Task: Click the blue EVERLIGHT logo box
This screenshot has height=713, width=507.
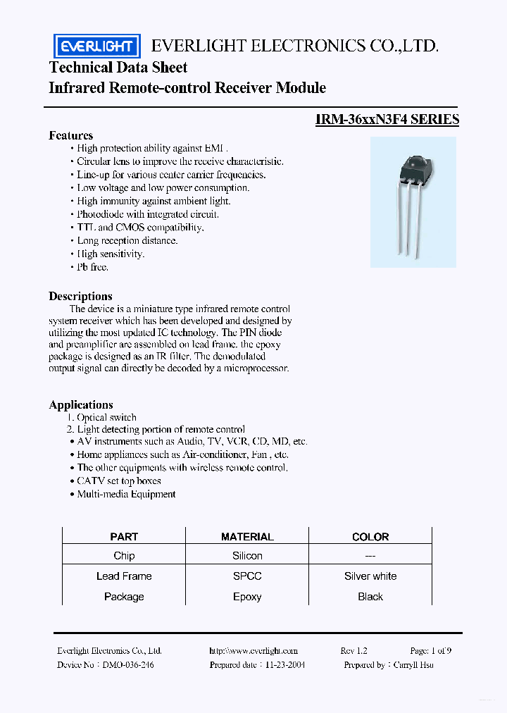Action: (x=96, y=46)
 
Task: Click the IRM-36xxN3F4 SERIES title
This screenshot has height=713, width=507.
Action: (x=387, y=119)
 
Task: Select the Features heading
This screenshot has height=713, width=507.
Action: (x=70, y=135)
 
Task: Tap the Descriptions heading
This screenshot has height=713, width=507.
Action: (x=80, y=296)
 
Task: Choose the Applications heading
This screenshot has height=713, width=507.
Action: (x=81, y=404)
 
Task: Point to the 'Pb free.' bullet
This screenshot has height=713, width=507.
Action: (x=92, y=267)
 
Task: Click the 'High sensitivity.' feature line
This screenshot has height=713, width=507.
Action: (x=110, y=254)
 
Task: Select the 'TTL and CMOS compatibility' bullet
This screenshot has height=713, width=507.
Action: (x=140, y=228)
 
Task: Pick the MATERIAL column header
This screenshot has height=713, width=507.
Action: (x=247, y=537)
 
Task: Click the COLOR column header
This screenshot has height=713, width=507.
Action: (x=370, y=537)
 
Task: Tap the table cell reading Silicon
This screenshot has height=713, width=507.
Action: (x=247, y=556)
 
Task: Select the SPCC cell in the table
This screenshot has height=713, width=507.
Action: (x=247, y=576)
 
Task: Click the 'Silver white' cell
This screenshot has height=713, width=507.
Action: (x=370, y=576)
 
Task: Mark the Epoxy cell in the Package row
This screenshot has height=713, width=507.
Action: (x=247, y=597)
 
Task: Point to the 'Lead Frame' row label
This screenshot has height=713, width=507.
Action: (x=124, y=576)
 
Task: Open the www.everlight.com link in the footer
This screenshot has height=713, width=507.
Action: (x=254, y=651)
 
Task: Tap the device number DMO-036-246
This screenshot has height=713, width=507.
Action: (x=127, y=664)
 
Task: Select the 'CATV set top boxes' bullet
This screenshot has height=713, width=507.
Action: (x=118, y=480)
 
